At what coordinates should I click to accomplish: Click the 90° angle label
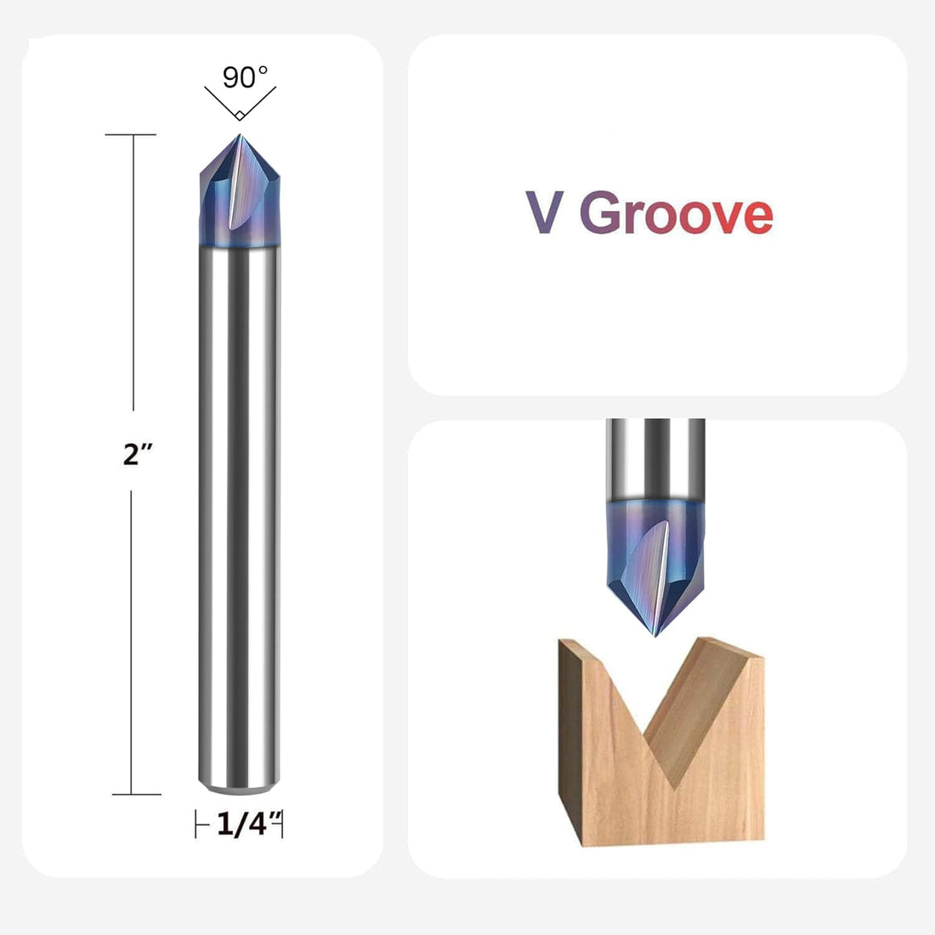click(245, 77)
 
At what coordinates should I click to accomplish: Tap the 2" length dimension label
click(137, 455)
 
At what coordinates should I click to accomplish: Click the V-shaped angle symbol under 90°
click(240, 108)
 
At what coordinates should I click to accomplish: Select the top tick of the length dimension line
click(132, 134)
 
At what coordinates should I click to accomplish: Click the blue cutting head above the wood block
click(656, 561)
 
